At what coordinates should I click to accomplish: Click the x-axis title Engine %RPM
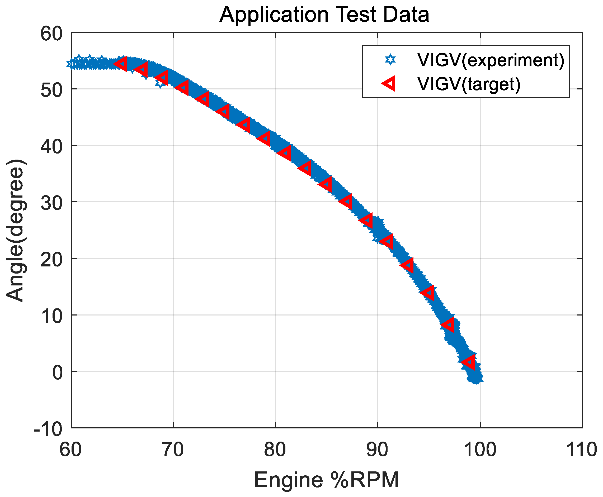[326, 480]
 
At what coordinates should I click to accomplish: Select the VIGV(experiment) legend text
[491, 60]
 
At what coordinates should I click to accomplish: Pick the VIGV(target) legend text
[469, 84]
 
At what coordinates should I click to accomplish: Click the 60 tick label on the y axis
[51, 34]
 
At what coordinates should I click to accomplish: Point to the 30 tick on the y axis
[51, 203]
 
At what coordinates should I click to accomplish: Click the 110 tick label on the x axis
[582, 450]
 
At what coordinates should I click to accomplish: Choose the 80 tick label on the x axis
[275, 450]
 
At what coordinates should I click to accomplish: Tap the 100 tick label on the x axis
[479, 450]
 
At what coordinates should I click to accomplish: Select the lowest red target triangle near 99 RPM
[469, 362]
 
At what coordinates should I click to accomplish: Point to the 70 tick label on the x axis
[173, 450]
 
